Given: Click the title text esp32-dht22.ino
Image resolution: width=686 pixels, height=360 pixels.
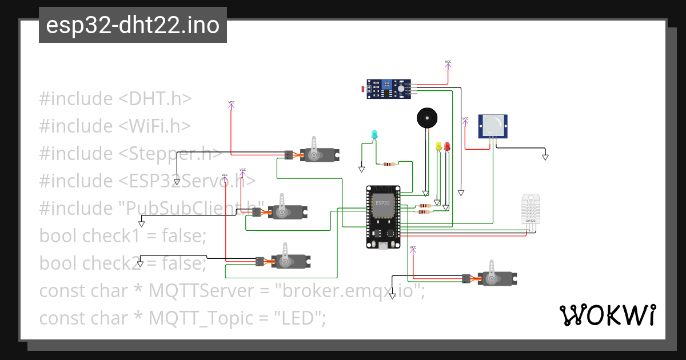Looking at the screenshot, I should coord(133,25).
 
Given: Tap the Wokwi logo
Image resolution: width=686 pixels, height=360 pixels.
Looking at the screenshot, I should coord(607,315).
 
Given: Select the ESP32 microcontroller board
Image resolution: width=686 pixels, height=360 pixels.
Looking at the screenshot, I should coord(383,217).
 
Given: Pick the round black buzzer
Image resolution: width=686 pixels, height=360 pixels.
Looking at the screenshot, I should coord(426,118).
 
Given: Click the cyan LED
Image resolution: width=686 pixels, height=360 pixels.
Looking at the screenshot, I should coord(374,135).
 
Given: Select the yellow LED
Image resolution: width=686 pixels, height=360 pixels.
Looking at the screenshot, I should coord(439,146).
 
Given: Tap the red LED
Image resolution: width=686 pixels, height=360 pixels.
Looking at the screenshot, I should coord(447,146).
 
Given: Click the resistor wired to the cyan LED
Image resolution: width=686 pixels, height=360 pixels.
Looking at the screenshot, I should coord(389,165).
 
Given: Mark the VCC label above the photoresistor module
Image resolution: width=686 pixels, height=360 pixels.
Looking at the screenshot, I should coord(448,62).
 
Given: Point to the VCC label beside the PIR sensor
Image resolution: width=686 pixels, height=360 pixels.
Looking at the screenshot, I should coord(465,119).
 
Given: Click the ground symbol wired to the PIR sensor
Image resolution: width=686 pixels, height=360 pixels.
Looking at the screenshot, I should coord(545,156).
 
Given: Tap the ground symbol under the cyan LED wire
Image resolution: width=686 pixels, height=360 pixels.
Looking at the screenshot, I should coord(361,169).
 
